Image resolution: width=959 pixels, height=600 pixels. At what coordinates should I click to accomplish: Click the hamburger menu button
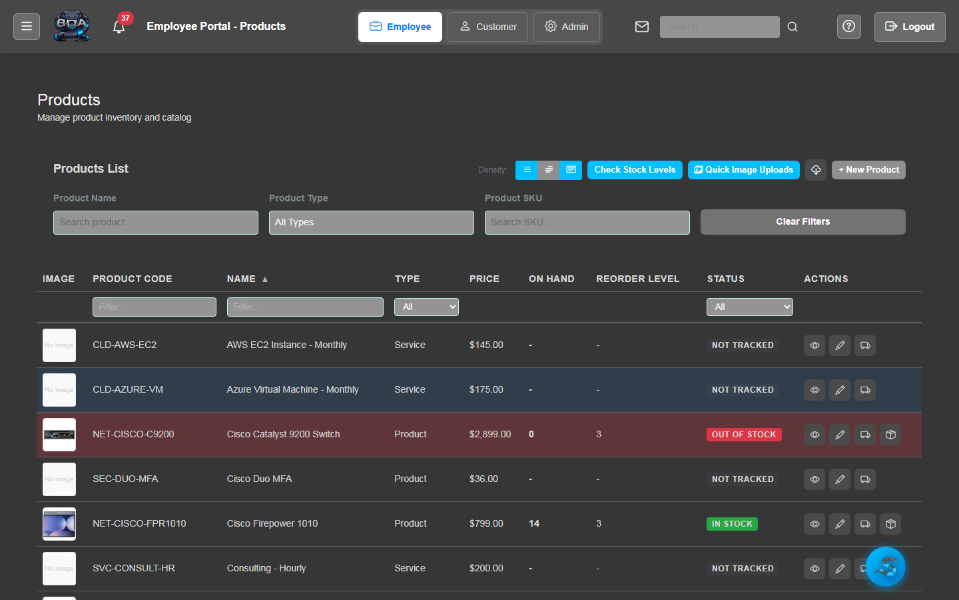point(27,27)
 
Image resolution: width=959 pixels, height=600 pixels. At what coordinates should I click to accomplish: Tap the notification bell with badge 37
point(119,27)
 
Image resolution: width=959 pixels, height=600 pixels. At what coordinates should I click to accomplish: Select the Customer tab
point(487,27)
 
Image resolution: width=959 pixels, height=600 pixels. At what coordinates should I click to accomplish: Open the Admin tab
point(567,27)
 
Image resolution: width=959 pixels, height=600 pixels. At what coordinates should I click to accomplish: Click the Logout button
point(910,27)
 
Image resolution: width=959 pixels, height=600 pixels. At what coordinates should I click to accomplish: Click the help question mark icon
point(849,27)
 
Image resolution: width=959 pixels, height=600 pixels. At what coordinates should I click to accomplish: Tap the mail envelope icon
point(642,27)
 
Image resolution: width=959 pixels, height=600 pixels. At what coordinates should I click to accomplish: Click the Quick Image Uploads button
point(744,170)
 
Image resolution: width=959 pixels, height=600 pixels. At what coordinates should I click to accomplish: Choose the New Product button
point(868,170)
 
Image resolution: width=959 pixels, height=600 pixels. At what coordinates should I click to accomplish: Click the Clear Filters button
point(802,222)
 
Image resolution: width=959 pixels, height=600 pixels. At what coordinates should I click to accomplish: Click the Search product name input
point(156,223)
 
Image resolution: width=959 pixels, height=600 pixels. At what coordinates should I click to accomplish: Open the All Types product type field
point(372,223)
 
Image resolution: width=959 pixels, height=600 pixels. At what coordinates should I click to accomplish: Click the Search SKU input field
point(587,223)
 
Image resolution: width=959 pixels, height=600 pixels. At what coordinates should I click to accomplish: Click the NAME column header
point(241,279)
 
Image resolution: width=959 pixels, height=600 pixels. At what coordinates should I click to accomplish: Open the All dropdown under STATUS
point(750,307)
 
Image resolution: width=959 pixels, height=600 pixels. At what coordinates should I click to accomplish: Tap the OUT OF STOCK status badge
point(744,435)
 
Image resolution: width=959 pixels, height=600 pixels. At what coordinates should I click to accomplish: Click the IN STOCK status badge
point(732,524)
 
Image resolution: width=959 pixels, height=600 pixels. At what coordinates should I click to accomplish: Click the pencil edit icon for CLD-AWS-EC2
point(840,345)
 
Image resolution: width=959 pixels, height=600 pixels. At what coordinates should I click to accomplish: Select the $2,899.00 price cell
point(490,435)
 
